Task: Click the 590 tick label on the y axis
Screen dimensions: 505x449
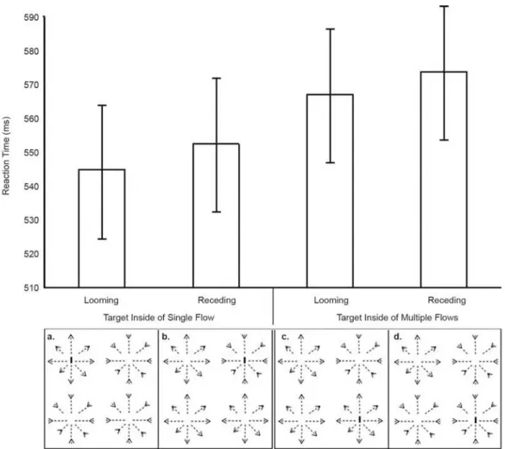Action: pyautogui.click(x=31, y=17)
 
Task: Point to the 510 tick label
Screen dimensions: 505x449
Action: pyautogui.click(x=31, y=288)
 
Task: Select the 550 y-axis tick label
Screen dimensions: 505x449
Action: pyautogui.click(x=31, y=152)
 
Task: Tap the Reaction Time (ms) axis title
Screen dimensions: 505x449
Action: pyautogui.click(x=6, y=155)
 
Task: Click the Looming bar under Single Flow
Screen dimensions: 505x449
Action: pyautogui.click(x=102, y=228)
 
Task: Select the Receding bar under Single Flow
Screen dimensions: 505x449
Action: pyautogui.click(x=216, y=215)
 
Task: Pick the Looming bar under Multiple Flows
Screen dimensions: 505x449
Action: pyautogui.click(x=330, y=191)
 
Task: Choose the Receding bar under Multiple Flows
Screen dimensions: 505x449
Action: pyautogui.click(x=444, y=180)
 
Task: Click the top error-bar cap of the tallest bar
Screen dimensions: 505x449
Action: pyautogui.click(x=444, y=6)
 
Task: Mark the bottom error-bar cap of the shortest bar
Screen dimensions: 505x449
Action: pyautogui.click(x=102, y=239)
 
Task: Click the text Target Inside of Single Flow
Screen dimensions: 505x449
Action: pyautogui.click(x=159, y=318)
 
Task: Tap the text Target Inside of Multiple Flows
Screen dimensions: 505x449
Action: pyautogui.click(x=397, y=318)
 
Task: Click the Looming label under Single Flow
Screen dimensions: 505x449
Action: pyautogui.click(x=102, y=300)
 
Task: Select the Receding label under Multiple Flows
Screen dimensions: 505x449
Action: pyautogui.click(x=446, y=300)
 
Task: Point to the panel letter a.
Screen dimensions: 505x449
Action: pyautogui.click(x=51, y=337)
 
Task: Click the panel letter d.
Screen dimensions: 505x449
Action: pyautogui.click(x=398, y=337)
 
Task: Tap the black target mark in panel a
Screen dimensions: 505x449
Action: pyautogui.click(x=71, y=360)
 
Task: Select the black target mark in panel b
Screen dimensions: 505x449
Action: pyautogui.click(x=245, y=360)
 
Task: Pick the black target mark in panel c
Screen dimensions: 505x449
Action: pyautogui.click(x=359, y=420)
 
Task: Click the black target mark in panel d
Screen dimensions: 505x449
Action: pyautogui.click(x=476, y=420)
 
